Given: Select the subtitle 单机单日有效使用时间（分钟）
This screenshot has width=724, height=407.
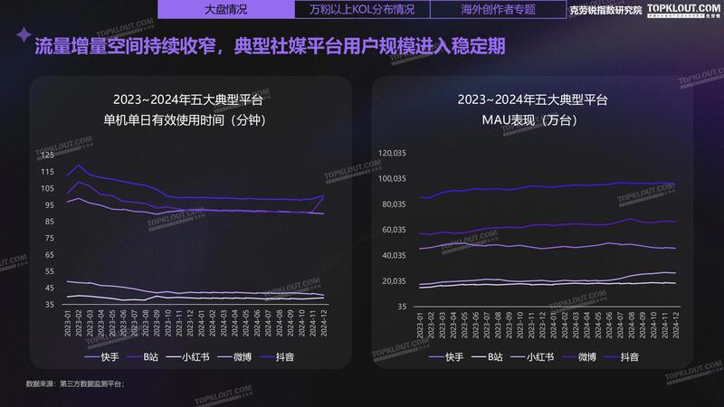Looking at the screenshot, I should (x=188, y=119).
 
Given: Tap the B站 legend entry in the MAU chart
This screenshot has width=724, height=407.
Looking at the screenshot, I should (x=487, y=357).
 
